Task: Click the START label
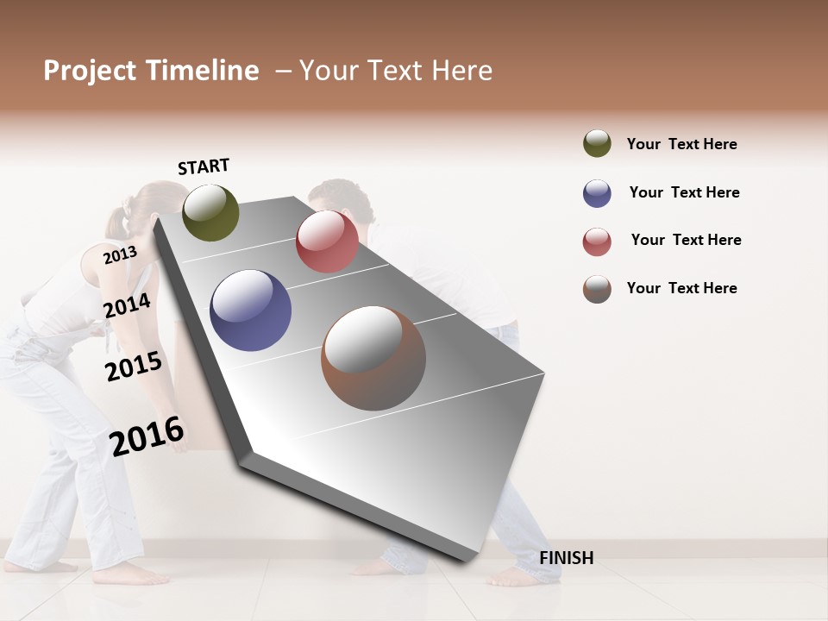[x=204, y=166]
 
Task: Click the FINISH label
[x=566, y=558]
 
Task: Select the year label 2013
[x=120, y=255]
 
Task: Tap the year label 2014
[x=127, y=305]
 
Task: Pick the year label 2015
[x=134, y=367]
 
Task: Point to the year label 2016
[x=147, y=436]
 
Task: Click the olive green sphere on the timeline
[x=211, y=213]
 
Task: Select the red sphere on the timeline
[x=327, y=241]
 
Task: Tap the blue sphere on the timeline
[x=251, y=310]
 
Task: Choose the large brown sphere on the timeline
[x=373, y=358]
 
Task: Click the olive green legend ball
[x=597, y=143]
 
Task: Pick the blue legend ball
[x=597, y=193]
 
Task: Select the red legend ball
[x=597, y=241]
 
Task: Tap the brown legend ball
[x=597, y=289]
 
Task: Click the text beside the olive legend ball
[x=681, y=144]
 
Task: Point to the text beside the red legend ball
[x=686, y=240]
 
